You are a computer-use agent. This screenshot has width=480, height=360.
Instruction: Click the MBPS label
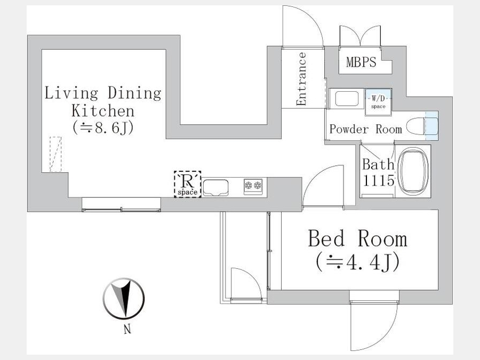(361, 62)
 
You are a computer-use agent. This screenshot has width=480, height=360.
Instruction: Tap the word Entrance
(301, 79)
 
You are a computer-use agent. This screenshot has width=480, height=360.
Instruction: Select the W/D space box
(378, 102)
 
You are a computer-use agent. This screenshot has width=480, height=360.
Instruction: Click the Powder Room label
(365, 129)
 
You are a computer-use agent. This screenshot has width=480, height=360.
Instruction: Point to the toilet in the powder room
(422, 126)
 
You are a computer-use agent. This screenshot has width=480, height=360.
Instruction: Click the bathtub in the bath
(414, 171)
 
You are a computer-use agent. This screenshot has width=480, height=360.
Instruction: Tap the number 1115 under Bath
(378, 180)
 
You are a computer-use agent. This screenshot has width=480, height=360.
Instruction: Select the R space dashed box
(187, 185)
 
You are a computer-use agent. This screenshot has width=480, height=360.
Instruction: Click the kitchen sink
(216, 187)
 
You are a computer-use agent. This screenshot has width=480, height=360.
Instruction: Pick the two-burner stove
(253, 186)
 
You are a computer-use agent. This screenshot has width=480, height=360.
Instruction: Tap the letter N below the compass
(127, 329)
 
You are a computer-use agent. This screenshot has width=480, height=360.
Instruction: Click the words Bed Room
(357, 238)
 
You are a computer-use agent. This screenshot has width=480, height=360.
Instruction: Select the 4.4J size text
(357, 262)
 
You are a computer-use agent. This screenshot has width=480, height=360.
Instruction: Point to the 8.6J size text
(103, 127)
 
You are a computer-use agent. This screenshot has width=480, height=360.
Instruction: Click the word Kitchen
(103, 111)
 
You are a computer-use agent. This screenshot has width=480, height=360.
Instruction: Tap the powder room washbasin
(347, 99)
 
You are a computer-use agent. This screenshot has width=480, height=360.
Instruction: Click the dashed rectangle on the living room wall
(55, 154)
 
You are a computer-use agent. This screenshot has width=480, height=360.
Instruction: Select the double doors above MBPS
(360, 36)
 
